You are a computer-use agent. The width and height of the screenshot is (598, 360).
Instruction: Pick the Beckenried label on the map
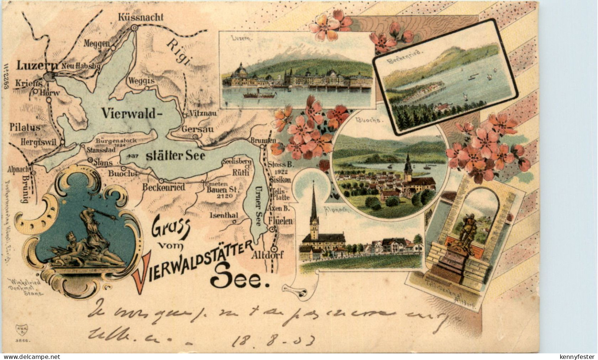coord(163,187)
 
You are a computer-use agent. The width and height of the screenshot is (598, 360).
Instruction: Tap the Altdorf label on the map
coord(268,255)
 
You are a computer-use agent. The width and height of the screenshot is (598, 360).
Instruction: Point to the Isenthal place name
coord(223,215)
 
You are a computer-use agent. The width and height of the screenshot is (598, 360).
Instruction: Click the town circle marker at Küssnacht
coord(135,27)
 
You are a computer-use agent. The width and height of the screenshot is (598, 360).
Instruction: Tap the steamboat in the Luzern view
coord(259,95)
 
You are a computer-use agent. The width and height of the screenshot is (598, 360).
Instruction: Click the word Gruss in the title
coord(171,231)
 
